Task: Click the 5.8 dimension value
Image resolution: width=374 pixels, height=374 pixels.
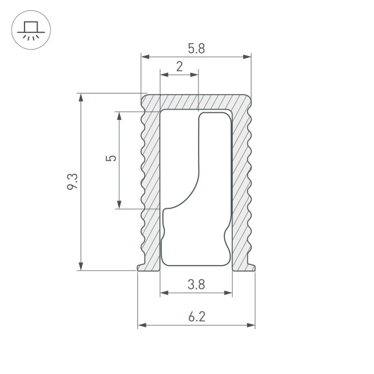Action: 196,48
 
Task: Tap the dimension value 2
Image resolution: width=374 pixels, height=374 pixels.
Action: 179,66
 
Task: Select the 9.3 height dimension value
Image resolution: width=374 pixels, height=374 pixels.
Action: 72,181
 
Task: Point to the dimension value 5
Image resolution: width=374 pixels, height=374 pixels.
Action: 111,158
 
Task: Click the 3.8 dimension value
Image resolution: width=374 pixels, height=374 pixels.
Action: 196,284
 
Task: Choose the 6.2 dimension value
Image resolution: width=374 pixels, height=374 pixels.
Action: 197,317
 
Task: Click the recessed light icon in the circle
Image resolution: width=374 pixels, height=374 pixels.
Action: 31,30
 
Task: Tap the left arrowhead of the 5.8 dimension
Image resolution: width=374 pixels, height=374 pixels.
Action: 145,57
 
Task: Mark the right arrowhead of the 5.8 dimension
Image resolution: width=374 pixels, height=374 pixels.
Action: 247,57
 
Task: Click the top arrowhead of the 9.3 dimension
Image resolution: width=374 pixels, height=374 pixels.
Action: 81,98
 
